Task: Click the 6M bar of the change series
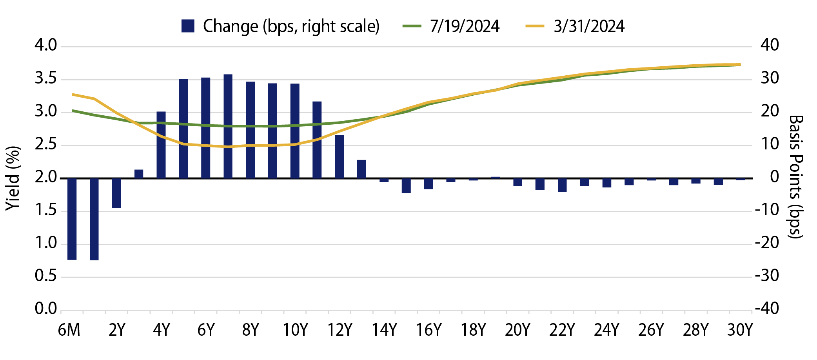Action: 72,219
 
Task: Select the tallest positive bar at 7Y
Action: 228,126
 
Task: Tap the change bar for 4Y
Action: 161,145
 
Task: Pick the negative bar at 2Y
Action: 116,193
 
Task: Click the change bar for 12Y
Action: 340,157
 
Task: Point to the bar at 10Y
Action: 295,131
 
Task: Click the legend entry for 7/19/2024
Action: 464,26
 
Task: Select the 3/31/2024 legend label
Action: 588,26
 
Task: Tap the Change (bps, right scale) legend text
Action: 291,26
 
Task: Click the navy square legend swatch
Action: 188,26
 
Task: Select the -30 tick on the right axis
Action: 767,276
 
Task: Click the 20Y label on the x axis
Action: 517,330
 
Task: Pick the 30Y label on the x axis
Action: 740,330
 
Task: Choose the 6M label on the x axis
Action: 69,330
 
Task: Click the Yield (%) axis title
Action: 13,178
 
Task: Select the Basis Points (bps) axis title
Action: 796,176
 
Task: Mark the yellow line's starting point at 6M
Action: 73,95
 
